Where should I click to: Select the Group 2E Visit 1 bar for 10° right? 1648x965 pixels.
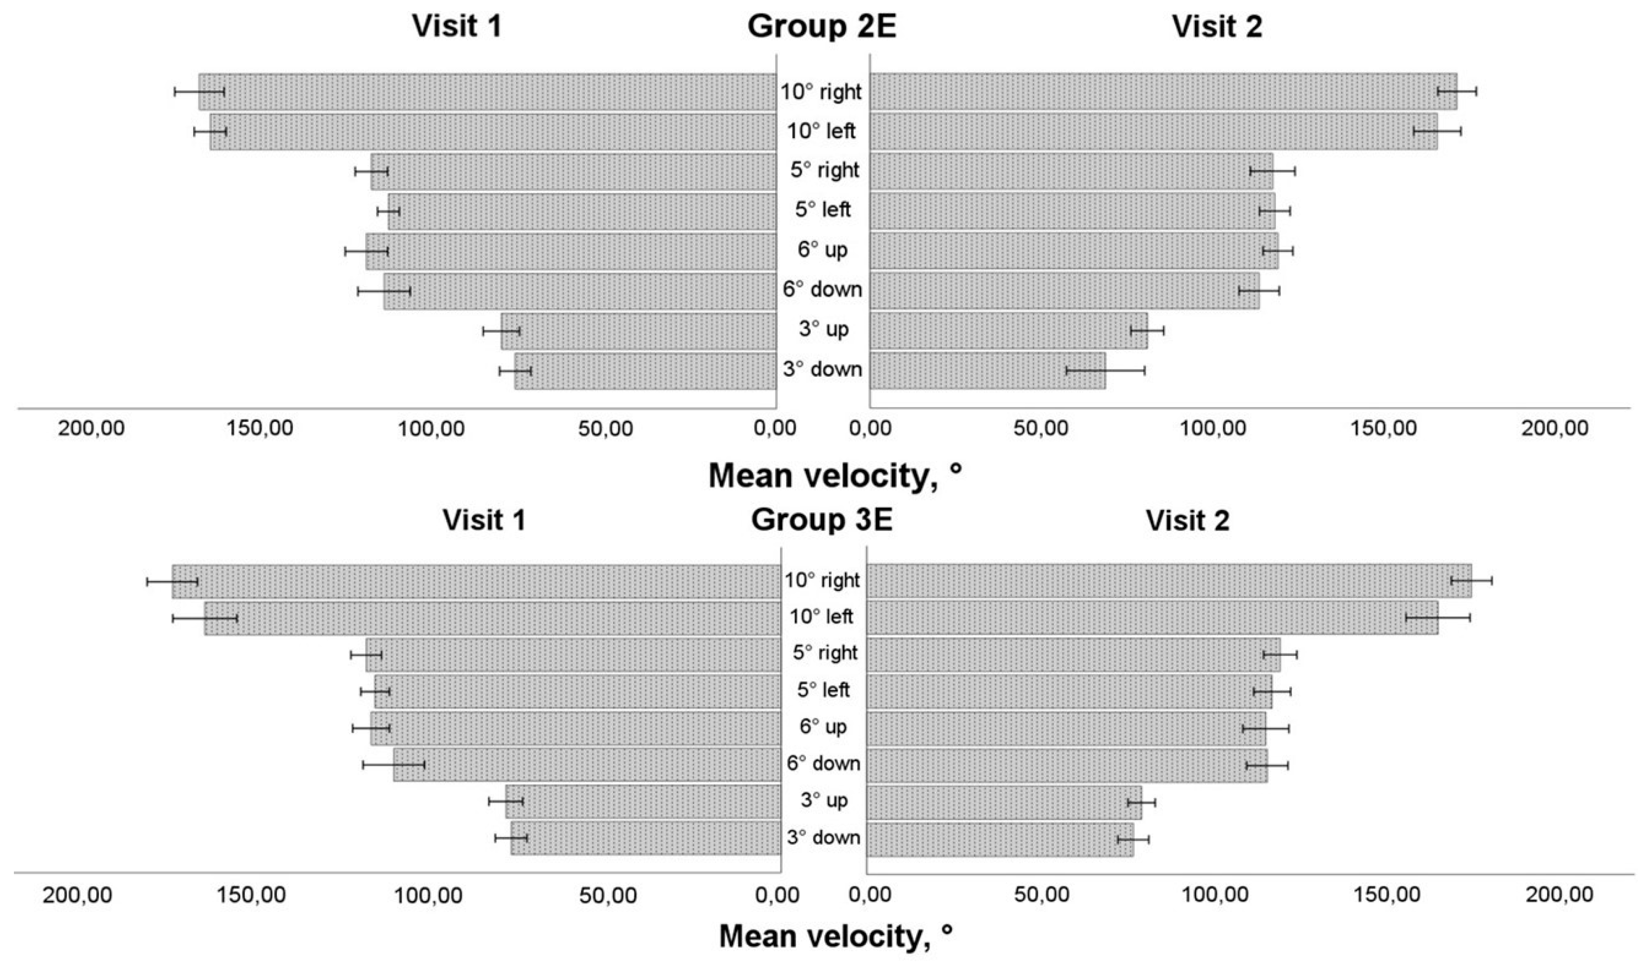[487, 91]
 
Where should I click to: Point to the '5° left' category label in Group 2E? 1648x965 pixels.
[823, 210]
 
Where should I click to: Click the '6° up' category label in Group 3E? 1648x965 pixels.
[823, 727]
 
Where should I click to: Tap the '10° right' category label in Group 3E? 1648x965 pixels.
[823, 580]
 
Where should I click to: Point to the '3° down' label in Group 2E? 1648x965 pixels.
[823, 370]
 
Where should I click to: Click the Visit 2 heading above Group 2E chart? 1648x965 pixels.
[1216, 27]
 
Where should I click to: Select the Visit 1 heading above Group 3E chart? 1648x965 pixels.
[484, 520]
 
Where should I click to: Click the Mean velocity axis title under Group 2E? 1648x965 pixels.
[835, 476]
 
